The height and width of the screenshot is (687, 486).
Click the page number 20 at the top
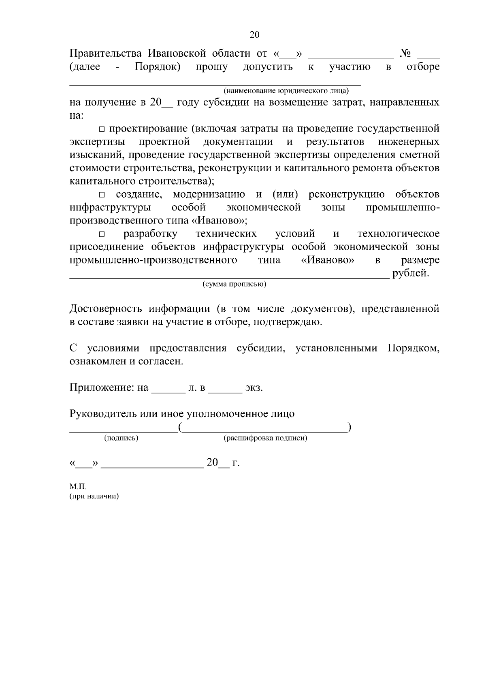coord(254,35)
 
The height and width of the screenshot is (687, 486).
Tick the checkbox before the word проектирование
coord(102,130)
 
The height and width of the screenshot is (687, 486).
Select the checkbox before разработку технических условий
coord(102,234)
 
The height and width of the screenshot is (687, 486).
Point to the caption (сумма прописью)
coord(234,284)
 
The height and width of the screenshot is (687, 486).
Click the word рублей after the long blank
coord(410,273)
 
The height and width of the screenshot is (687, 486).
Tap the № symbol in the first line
coord(405,53)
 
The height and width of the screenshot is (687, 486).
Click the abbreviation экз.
coord(254,388)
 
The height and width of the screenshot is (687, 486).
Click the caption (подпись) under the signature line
coord(121,438)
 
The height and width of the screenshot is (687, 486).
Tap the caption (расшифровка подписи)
coord(265,438)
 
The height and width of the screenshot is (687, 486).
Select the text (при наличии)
coord(94,497)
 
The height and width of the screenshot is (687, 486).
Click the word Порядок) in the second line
coord(158,66)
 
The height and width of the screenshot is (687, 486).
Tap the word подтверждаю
coord(288,322)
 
